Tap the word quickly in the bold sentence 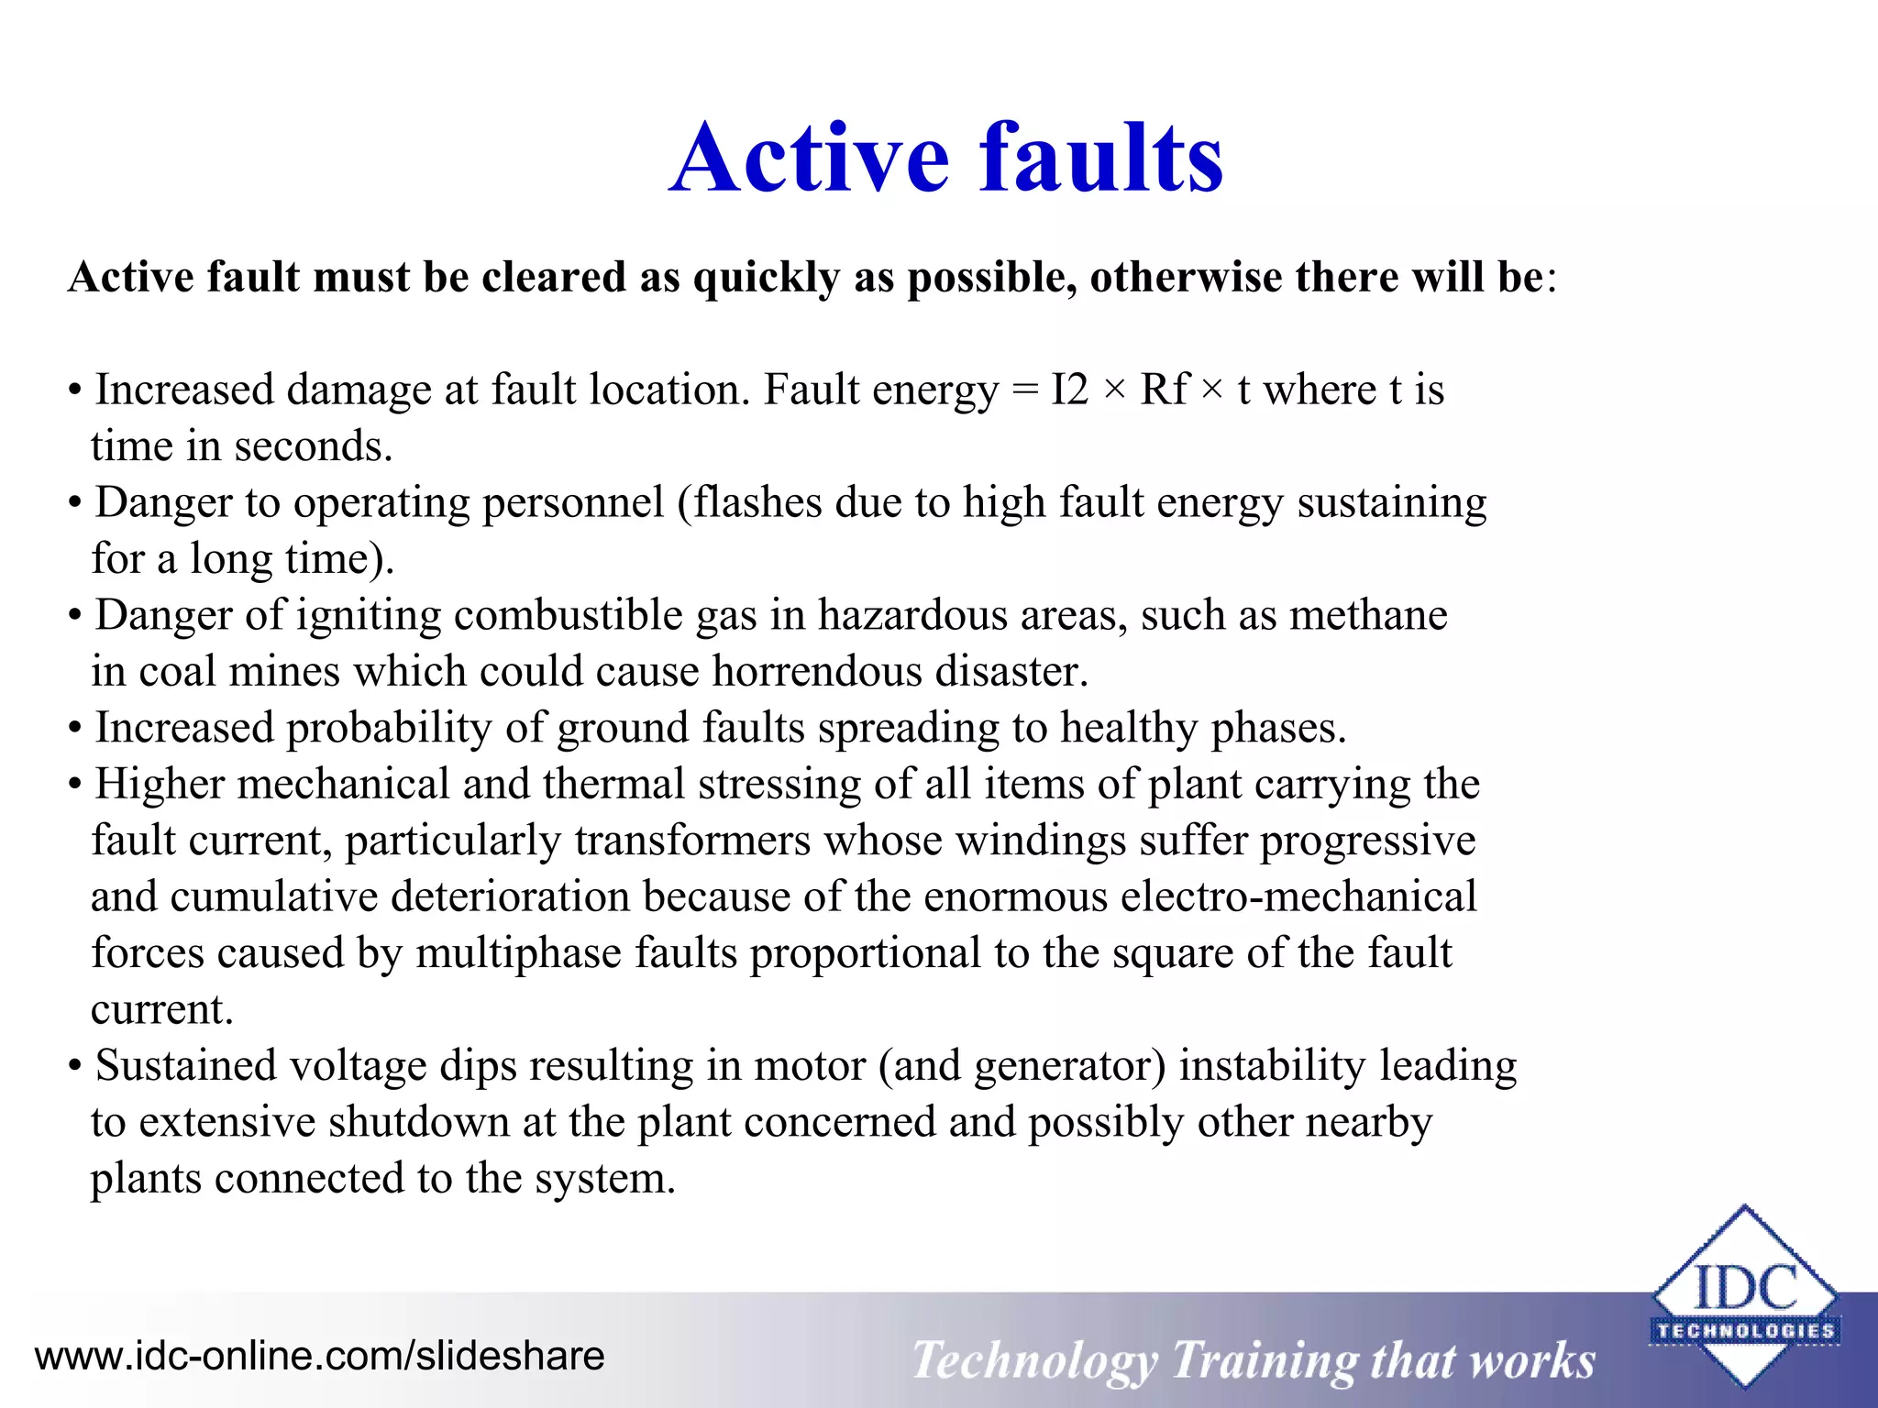767,277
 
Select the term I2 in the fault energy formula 1069,390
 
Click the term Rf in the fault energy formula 1164,390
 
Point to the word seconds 313,446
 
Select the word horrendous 817,671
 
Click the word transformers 692,841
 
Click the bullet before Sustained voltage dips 75,1067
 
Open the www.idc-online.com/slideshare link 319,1356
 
